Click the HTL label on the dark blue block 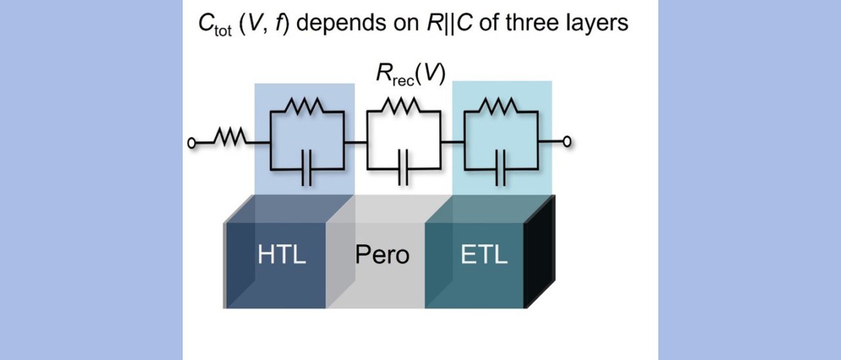tap(282, 254)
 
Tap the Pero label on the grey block tap(382, 254)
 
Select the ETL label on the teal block tap(484, 254)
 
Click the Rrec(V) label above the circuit tap(411, 74)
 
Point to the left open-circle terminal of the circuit tap(191, 143)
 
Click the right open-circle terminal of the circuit tap(567, 141)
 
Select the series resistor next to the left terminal tap(230, 137)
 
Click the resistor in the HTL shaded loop tap(304, 106)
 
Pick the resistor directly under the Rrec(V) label tap(401, 106)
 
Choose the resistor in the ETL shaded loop tap(498, 106)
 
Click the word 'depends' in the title tap(341, 24)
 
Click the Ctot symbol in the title tap(215, 25)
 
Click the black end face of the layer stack tap(539, 252)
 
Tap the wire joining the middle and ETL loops tap(453, 142)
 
